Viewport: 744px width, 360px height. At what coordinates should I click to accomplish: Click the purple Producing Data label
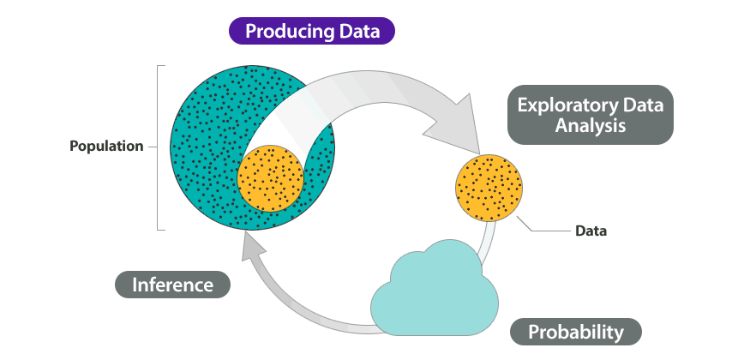312,31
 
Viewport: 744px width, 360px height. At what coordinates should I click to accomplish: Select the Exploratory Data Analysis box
591,114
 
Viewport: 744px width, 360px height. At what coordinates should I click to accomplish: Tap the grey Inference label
173,285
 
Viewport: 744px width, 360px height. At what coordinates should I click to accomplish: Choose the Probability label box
575,332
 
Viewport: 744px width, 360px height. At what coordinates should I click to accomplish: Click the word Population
106,146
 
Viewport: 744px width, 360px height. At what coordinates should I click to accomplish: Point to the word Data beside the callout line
591,231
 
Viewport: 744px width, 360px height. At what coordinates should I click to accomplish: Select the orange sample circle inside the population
271,178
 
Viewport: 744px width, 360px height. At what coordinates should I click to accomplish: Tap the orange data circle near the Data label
489,188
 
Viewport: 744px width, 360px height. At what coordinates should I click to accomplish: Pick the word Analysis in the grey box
591,126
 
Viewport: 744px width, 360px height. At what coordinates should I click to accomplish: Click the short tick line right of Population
153,147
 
